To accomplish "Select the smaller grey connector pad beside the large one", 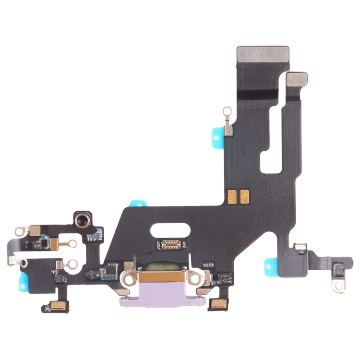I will pos(297,80).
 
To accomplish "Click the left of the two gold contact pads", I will pos(233,195).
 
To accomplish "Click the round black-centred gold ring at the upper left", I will pos(82,220).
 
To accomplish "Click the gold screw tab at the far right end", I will pos(339,285).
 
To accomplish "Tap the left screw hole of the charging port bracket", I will pos(129,277).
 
